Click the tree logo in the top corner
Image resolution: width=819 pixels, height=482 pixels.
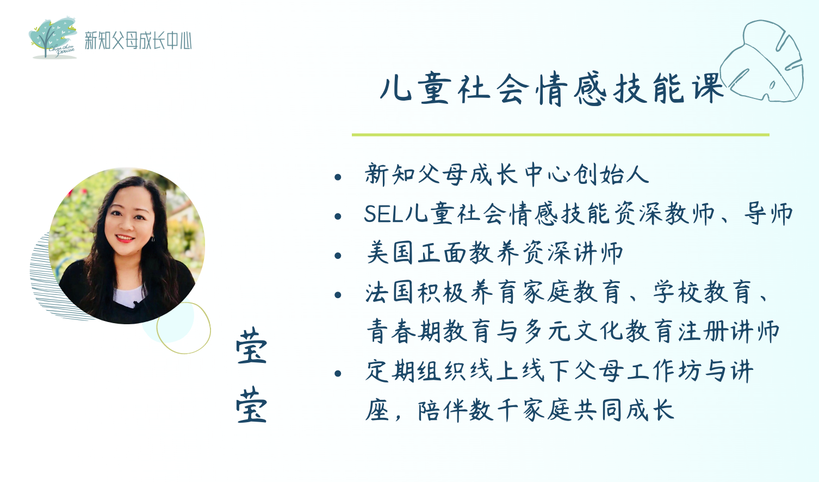[53, 38]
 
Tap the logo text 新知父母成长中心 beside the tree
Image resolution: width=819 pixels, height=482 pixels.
[138, 40]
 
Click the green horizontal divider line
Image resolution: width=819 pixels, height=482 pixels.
[561, 135]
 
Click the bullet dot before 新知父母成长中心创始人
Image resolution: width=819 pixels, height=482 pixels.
[338, 177]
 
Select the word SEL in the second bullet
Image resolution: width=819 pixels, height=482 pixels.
[383, 214]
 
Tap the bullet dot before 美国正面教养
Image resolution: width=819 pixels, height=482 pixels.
[338, 256]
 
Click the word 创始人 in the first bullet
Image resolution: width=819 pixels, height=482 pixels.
[611, 175]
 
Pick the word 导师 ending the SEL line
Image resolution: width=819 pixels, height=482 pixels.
[768, 214]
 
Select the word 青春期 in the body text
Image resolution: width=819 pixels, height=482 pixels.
[404, 331]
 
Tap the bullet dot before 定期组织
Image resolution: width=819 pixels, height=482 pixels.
[338, 373]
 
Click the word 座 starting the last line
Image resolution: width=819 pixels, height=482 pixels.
[377, 410]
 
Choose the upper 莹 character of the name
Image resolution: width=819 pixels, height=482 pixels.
[252, 346]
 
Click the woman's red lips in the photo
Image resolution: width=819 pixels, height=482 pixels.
[125, 238]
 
